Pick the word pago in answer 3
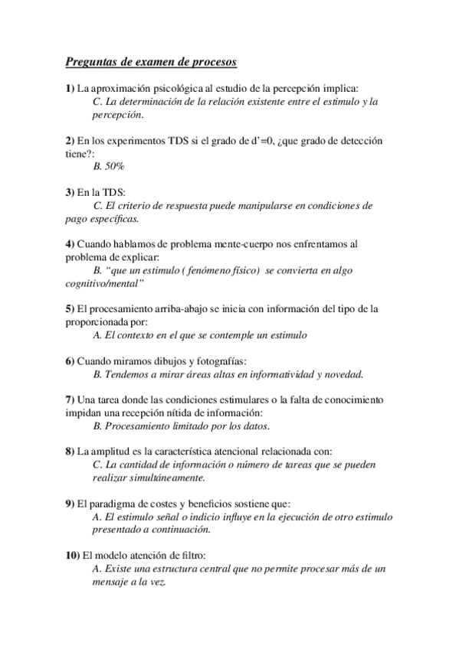tap(105, 219)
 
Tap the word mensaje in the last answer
tap(112, 582)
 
